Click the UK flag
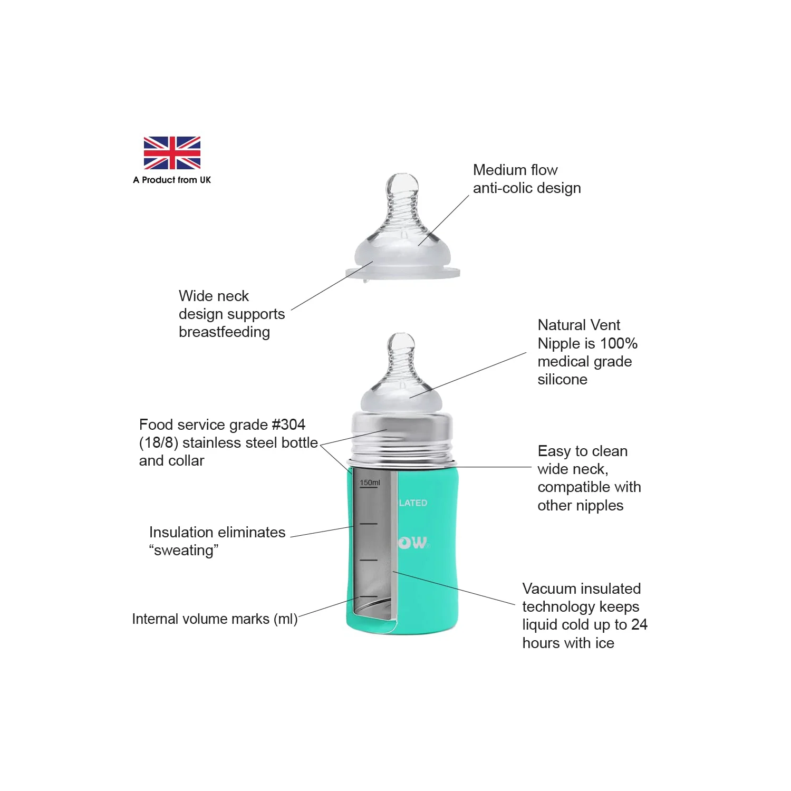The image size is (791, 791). (172, 153)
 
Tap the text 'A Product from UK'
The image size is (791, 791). (172, 180)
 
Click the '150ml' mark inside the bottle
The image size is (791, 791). (370, 483)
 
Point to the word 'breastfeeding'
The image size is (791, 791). (224, 332)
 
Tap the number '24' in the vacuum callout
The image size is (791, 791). (639, 624)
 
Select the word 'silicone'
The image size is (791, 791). (562, 379)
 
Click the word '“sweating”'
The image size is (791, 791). (184, 550)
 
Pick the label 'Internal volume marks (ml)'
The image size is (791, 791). (215, 619)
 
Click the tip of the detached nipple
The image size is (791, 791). (402, 180)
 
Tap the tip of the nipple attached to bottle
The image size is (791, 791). (401, 339)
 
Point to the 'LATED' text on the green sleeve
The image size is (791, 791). (413, 503)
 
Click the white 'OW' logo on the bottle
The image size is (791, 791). (413, 543)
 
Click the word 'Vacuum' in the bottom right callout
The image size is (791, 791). (549, 589)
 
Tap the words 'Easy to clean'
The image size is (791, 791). (583, 451)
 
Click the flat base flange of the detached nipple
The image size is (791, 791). (403, 273)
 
